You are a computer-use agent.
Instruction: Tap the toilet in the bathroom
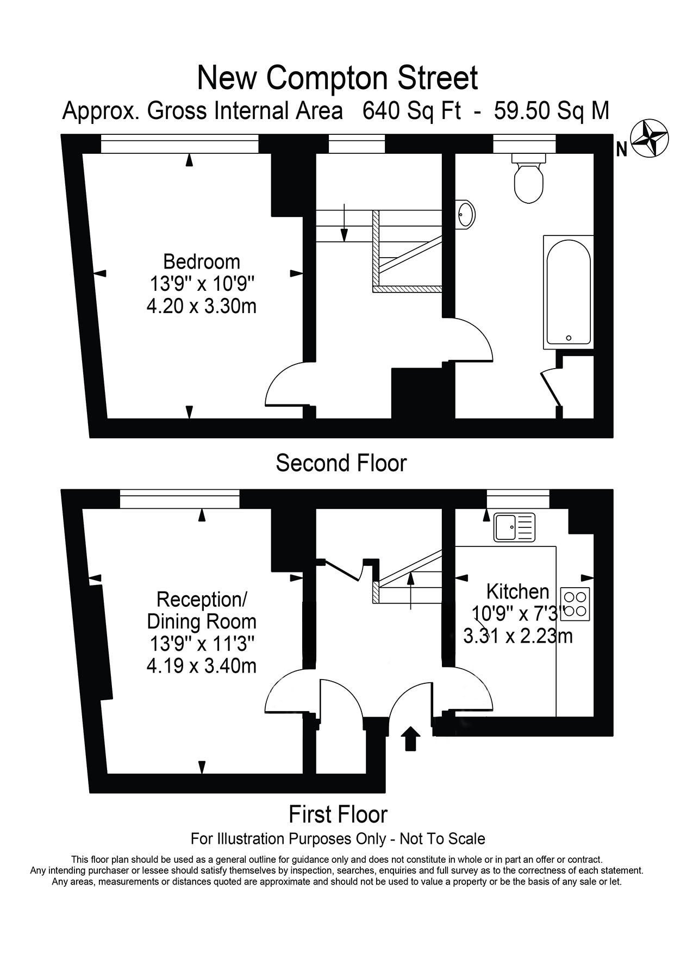(x=529, y=178)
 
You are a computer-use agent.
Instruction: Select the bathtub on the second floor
(x=568, y=292)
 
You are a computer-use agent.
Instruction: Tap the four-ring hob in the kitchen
(x=576, y=605)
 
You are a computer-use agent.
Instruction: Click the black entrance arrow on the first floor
(x=410, y=739)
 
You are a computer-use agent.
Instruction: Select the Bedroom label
(x=202, y=261)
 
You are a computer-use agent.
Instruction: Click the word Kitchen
(x=517, y=591)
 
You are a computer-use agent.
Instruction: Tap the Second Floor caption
(x=341, y=463)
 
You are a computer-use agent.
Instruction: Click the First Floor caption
(x=338, y=814)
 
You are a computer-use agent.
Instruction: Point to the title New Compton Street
(x=338, y=77)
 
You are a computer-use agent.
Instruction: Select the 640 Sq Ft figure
(x=412, y=111)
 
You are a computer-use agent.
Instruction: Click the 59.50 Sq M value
(x=551, y=111)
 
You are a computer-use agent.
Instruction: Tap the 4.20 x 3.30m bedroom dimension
(x=202, y=307)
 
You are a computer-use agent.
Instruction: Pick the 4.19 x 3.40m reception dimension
(x=202, y=666)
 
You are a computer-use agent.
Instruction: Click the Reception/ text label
(x=202, y=600)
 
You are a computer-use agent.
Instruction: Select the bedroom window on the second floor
(x=179, y=144)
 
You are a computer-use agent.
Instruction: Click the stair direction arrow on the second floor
(x=344, y=222)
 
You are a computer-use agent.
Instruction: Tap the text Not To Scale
(x=442, y=839)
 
